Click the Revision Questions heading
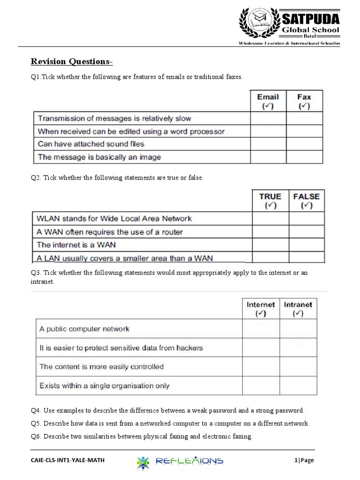[72, 62]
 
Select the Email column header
[268, 101]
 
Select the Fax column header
[304, 101]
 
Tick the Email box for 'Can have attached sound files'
[268, 144]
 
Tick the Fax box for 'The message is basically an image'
[304, 157]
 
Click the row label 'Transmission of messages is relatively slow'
[114, 119]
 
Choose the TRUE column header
[270, 201]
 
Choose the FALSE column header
[306, 201]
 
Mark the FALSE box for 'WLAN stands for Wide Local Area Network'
[306, 218]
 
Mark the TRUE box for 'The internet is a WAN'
[270, 245]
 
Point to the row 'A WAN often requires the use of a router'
[110, 232]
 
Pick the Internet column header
[261, 309]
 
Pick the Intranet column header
[298, 309]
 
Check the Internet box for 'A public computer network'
[261, 329]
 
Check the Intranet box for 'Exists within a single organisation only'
[298, 386]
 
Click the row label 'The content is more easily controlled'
[102, 367]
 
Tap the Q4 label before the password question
[36, 411]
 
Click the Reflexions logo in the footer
[180, 461]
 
